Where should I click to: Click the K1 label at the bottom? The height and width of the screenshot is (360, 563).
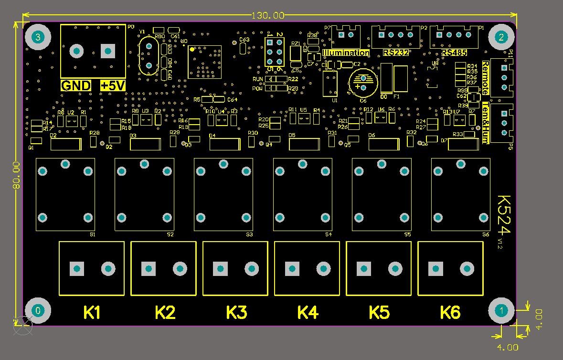tap(92, 313)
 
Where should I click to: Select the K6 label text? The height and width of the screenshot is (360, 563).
tap(450, 313)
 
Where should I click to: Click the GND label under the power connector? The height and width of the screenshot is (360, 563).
tap(76, 86)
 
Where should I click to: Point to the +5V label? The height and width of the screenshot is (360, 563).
tap(113, 86)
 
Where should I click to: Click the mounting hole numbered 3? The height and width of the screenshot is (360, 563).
tap(38, 37)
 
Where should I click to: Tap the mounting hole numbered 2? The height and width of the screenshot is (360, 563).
tap(501, 37)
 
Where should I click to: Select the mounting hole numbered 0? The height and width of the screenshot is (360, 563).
tap(38, 310)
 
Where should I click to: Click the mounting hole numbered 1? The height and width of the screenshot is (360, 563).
tap(501, 310)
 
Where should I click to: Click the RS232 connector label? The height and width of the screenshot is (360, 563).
tap(396, 53)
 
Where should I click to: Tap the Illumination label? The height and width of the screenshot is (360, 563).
tap(346, 53)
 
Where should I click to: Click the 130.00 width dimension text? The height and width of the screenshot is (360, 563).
tap(268, 15)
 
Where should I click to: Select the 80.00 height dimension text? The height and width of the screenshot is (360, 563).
tap(16, 175)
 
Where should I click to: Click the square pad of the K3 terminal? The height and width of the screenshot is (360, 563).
tap(220, 269)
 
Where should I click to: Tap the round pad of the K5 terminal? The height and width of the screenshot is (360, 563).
tap(395, 269)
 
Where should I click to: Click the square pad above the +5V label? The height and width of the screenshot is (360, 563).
tap(108, 51)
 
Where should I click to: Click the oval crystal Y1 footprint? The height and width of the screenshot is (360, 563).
tap(149, 55)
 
